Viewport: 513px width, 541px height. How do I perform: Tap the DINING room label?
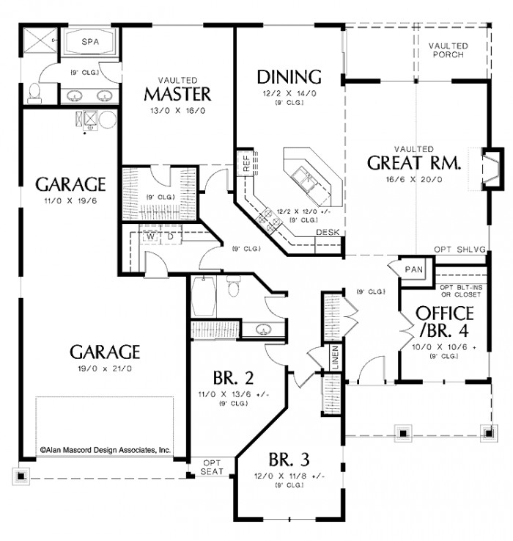point(289,76)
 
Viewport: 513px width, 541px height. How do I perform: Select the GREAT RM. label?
point(414,162)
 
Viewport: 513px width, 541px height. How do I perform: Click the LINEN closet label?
point(335,357)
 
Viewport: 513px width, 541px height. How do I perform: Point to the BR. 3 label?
point(289,460)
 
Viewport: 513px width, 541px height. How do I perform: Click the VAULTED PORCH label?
point(449,50)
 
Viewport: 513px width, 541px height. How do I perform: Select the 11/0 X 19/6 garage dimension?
point(73,200)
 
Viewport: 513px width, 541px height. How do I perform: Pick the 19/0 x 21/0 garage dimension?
point(104,368)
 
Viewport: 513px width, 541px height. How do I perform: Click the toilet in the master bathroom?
point(34,92)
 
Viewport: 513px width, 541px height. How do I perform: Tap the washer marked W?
point(150,237)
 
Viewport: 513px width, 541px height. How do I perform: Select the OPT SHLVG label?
point(460,250)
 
